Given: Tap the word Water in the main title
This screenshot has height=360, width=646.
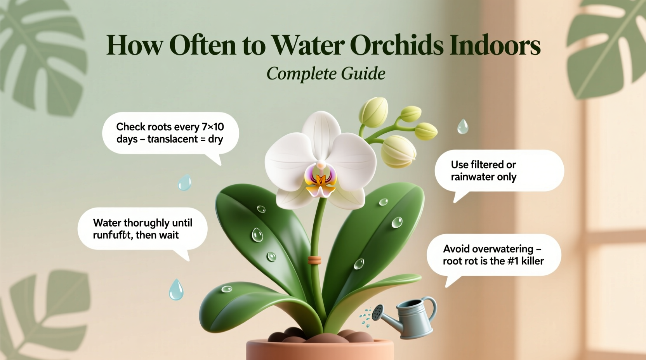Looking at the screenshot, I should pyautogui.click(x=308, y=45).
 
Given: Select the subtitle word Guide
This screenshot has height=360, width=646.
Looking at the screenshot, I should pyautogui.click(x=363, y=73).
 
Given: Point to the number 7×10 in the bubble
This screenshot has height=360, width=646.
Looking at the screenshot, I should pyautogui.click(x=213, y=127).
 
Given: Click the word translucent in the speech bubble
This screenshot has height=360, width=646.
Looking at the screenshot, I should pyautogui.click(x=173, y=139).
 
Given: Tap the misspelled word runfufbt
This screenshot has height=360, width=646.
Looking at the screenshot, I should pyautogui.click(x=112, y=235).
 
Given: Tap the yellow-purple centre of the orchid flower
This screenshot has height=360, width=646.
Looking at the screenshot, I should pyautogui.click(x=321, y=180).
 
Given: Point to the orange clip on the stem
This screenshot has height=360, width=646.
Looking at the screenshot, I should pyautogui.click(x=314, y=260).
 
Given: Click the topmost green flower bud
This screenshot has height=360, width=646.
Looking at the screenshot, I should pyautogui.click(x=373, y=110).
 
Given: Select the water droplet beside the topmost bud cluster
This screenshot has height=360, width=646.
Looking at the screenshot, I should pyautogui.click(x=462, y=126).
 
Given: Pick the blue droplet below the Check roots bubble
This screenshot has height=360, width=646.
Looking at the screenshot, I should pyautogui.click(x=185, y=182).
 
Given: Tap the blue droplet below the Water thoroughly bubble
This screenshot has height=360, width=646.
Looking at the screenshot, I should pyautogui.click(x=176, y=290).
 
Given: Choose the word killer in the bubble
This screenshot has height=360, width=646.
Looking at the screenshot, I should pyautogui.click(x=532, y=261).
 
